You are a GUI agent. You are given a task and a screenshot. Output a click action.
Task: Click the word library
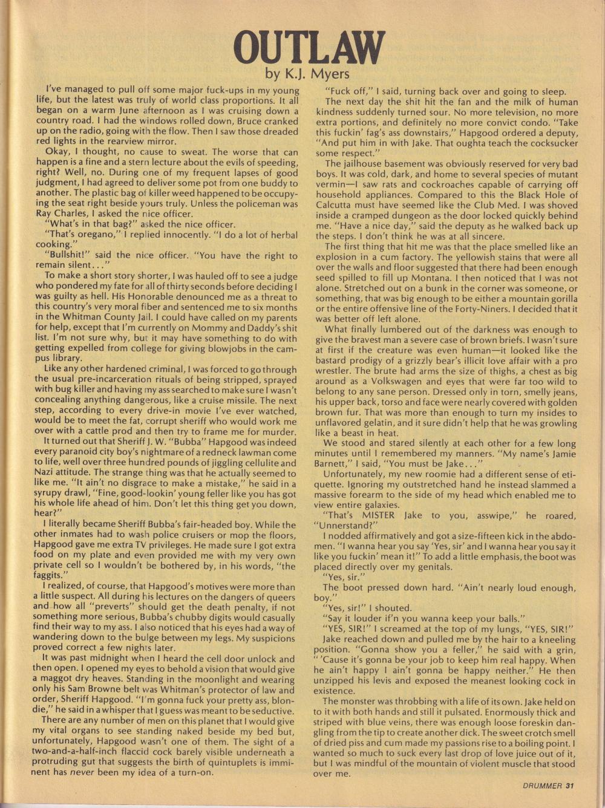(66, 359)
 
